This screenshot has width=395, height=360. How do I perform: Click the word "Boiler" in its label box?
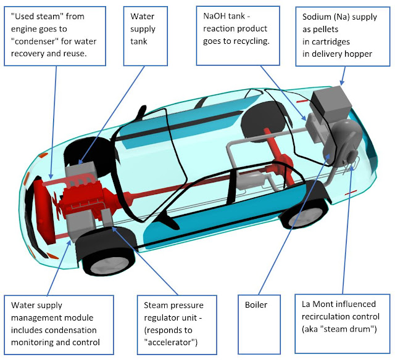coord(256,305)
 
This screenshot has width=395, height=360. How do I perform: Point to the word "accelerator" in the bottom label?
coord(170,342)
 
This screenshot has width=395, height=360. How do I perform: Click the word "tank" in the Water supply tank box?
coord(139,41)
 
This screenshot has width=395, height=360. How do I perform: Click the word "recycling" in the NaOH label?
coord(250,41)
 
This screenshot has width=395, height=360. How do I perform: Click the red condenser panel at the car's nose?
coord(43,210)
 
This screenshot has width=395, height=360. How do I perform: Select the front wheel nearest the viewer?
coord(106,254)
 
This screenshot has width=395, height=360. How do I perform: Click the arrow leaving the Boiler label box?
coord(294,224)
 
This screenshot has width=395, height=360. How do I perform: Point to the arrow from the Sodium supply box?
coord(343,76)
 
